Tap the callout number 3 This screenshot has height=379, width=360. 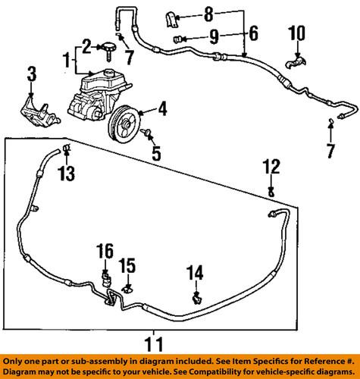pos(31,74)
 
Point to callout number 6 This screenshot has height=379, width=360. pos(252,34)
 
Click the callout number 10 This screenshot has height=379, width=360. pos(296,33)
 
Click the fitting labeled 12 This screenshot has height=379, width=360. pos(271,193)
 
